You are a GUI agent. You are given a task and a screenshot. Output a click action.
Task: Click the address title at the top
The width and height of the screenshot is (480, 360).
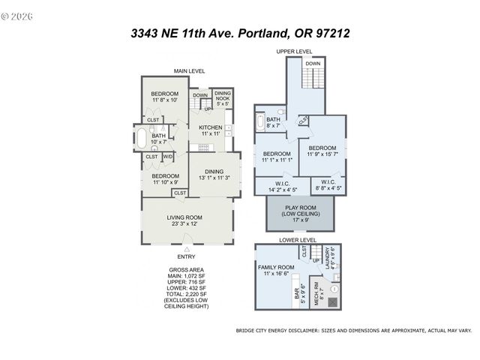(x=241, y=33)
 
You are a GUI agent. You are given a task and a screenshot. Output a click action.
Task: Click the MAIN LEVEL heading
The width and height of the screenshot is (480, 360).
(x=190, y=70)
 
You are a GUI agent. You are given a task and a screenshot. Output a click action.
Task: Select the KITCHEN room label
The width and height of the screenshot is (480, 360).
(x=210, y=127)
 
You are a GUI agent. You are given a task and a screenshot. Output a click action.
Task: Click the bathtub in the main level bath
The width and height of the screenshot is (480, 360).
(x=141, y=138)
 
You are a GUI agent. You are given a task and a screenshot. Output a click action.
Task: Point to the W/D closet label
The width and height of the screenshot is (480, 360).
(x=168, y=157)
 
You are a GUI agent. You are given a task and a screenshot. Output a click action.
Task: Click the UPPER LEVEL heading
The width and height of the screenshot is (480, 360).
(x=294, y=52)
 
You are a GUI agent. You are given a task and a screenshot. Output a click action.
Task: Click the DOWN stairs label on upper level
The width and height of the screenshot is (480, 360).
(x=313, y=64)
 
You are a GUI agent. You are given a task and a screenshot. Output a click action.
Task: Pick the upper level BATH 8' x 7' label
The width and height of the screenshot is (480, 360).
(x=273, y=122)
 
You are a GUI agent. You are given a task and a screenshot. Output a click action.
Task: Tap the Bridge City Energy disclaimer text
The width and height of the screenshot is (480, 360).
(x=353, y=330)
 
